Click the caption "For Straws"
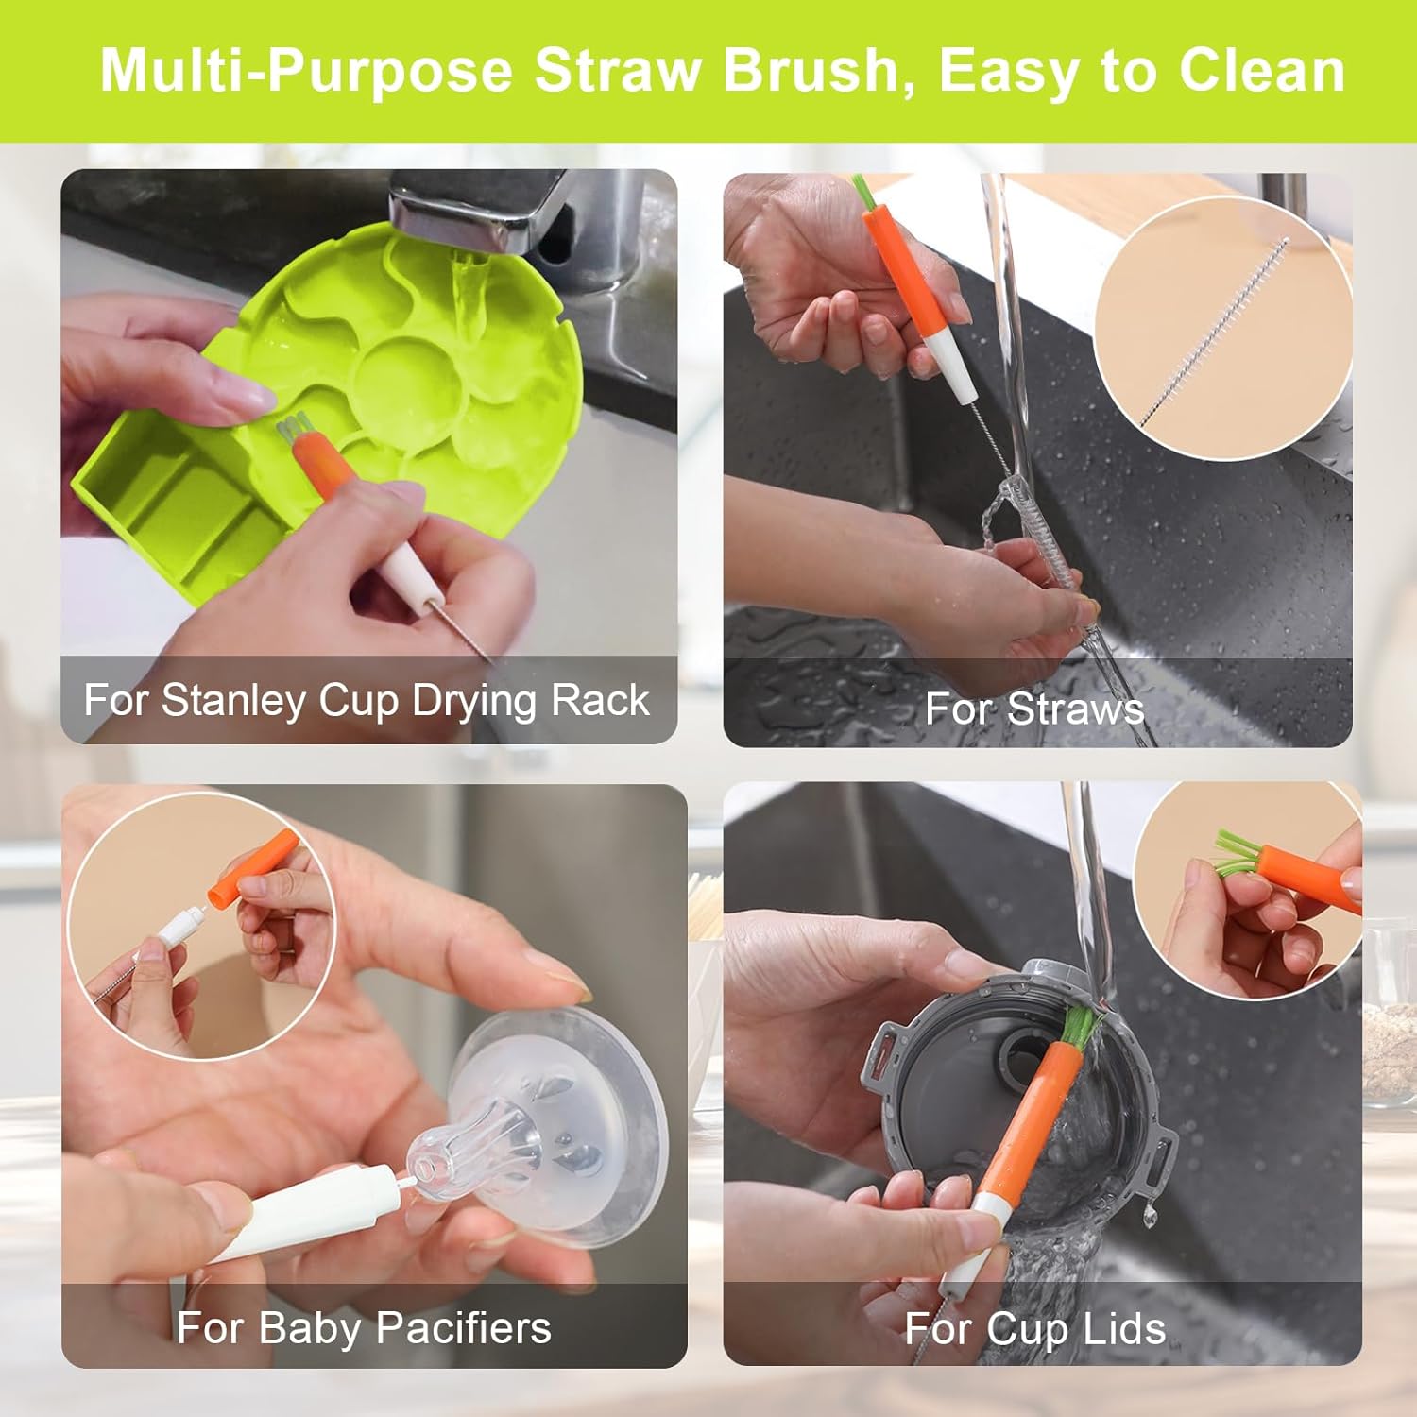point(1033,708)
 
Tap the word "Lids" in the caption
point(1123,1329)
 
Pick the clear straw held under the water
point(1049,567)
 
